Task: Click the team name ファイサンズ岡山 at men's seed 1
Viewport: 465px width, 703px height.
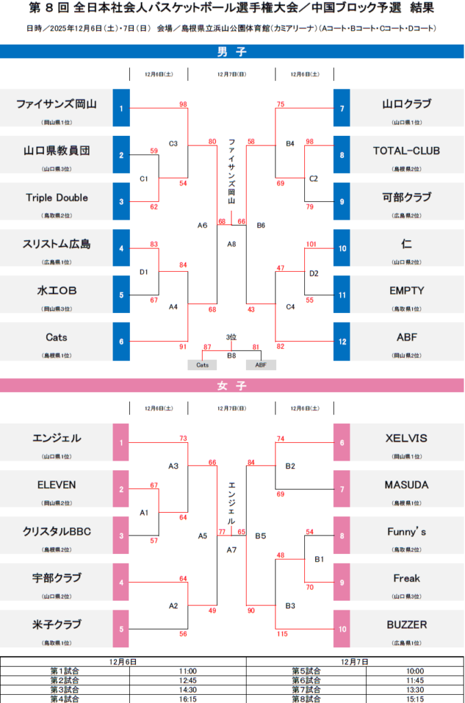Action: [56, 104]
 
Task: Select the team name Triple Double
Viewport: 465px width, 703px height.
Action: [57, 198]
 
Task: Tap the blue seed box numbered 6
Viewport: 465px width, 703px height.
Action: [121, 341]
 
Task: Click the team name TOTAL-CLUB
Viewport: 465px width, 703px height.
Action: [407, 151]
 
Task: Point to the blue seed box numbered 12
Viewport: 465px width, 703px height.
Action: [341, 341]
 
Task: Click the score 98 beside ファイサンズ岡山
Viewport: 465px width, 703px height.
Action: [183, 104]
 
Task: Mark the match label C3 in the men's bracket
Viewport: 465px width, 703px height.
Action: [173, 143]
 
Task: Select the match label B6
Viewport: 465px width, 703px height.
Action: [261, 225]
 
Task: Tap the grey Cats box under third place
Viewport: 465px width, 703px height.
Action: [202, 365]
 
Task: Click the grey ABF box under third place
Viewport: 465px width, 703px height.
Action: [261, 365]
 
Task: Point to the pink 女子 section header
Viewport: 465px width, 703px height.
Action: [231, 386]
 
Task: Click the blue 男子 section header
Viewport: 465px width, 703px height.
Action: [231, 52]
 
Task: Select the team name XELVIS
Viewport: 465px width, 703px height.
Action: [406, 438]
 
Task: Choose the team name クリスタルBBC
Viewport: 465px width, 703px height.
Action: [56, 532]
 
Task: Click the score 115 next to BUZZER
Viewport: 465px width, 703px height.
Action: [282, 634]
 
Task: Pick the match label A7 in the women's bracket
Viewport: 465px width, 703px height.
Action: [231, 550]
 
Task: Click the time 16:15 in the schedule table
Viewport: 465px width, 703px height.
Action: [188, 699]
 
